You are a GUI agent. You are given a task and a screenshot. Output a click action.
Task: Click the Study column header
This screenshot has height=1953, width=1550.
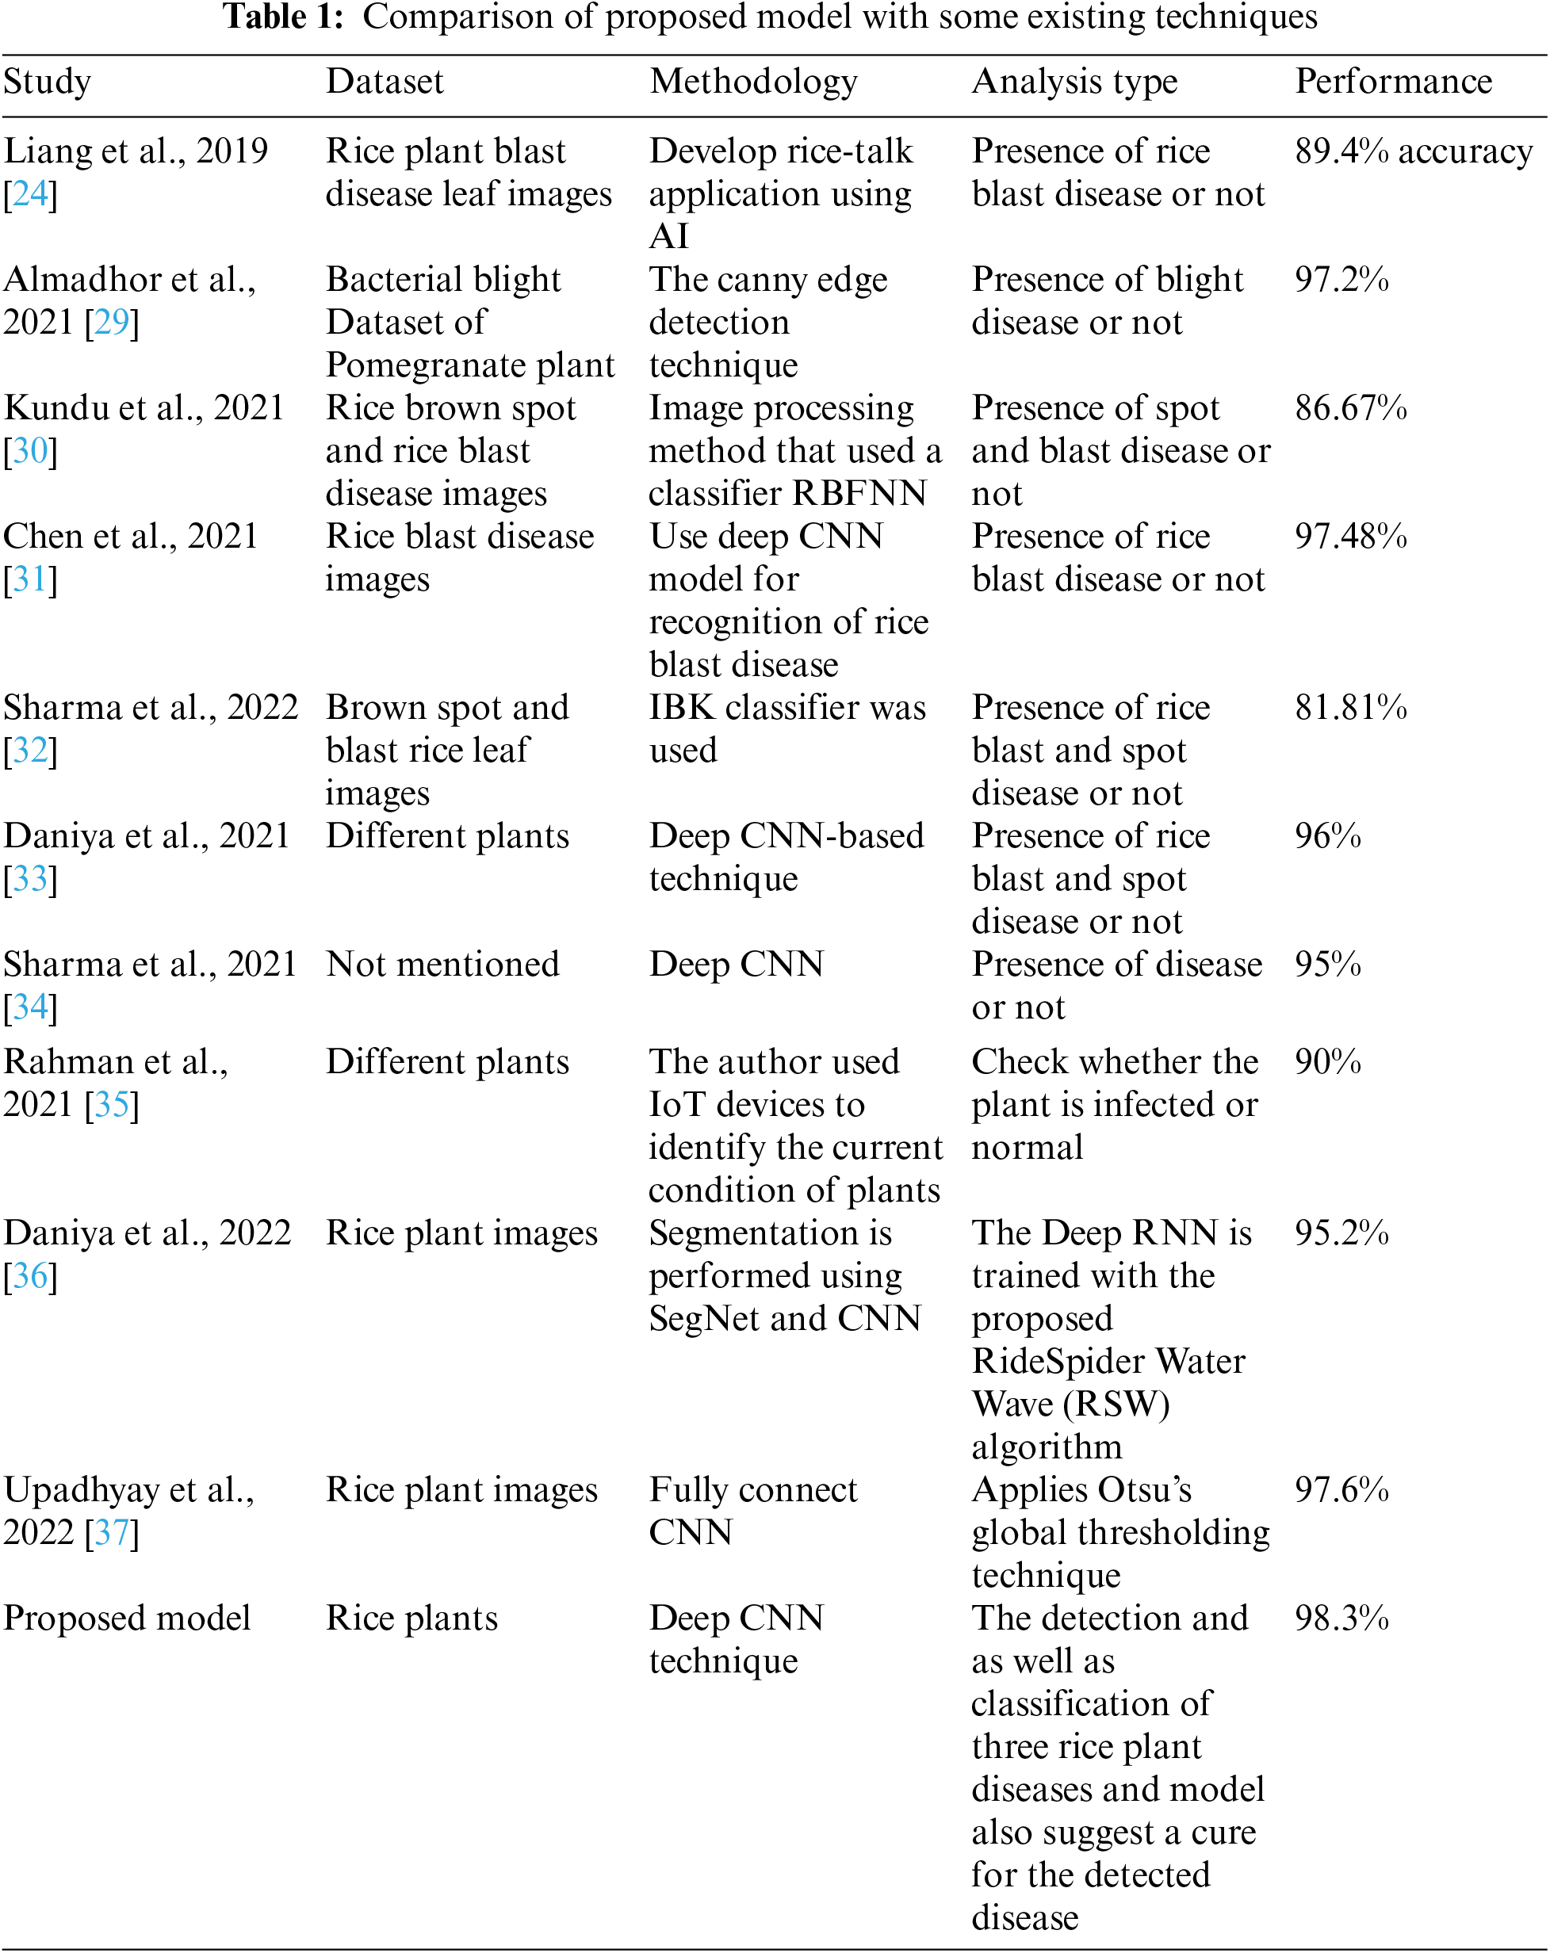point(47,82)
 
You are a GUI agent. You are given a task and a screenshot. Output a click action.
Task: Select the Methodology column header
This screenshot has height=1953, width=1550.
point(753,82)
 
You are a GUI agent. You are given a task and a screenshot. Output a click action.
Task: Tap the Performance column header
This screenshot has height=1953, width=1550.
point(1392,82)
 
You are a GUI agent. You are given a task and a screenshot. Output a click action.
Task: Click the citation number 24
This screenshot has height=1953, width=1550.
point(30,194)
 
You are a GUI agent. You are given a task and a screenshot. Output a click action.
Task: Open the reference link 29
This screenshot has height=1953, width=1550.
point(112,323)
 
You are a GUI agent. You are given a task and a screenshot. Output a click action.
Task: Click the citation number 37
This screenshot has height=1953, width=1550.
point(112,1533)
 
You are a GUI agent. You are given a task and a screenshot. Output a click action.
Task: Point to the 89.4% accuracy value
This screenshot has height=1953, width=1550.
point(1413,151)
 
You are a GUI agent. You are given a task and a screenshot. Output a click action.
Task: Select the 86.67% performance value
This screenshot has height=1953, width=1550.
point(1349,408)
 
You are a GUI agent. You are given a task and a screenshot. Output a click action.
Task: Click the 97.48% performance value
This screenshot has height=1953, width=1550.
point(1349,537)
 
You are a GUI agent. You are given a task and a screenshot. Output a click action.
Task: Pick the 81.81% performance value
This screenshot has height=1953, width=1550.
point(1349,708)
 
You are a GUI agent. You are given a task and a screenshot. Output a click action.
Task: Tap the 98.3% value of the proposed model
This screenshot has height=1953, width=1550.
point(1341,1618)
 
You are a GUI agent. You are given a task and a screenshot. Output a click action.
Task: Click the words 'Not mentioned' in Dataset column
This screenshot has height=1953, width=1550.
point(442,965)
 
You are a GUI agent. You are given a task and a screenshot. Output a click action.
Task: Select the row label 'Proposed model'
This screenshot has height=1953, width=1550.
point(127,1618)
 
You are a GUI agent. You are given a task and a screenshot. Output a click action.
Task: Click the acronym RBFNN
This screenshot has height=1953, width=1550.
point(859,494)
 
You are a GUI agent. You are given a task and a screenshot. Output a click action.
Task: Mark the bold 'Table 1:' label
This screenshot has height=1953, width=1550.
point(282,17)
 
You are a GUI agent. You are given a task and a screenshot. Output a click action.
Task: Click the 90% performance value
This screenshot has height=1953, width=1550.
point(1327,1061)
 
